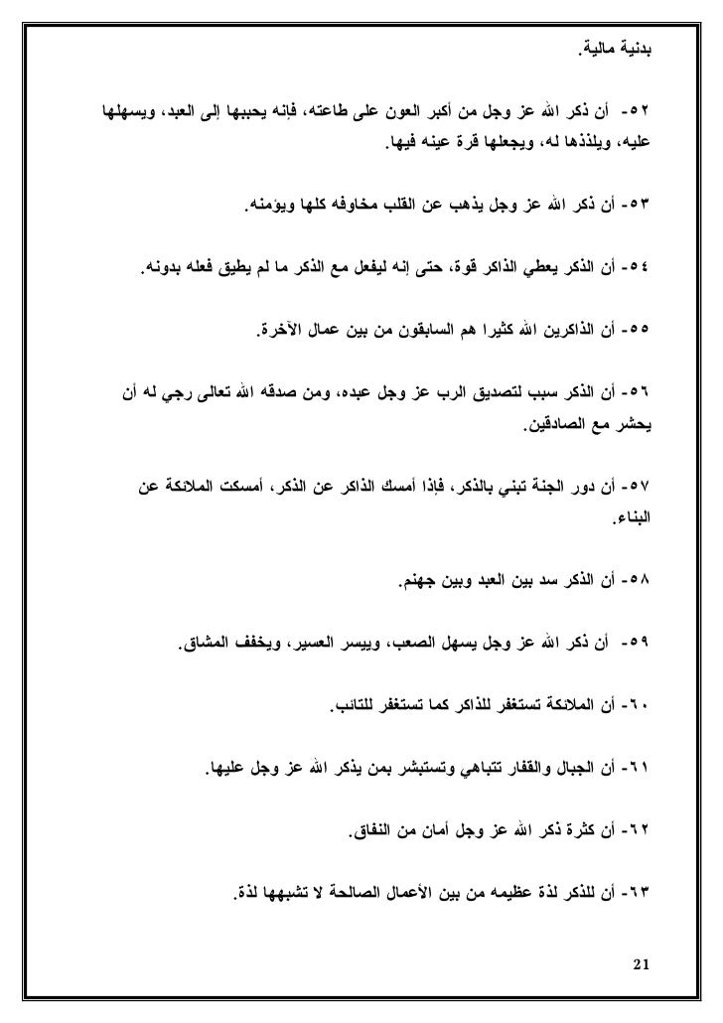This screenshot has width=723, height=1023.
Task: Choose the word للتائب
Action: pyautogui.click(x=355, y=706)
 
